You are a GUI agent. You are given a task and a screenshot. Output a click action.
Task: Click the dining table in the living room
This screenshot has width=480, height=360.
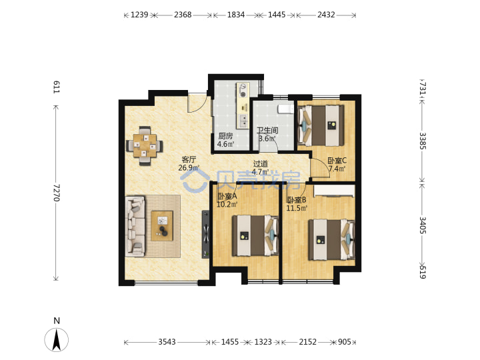145,145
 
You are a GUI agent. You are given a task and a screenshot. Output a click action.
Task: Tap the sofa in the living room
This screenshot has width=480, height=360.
135,226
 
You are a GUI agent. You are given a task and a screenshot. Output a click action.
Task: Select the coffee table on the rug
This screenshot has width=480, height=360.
162,225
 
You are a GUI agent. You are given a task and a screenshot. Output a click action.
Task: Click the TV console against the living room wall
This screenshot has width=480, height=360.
206,234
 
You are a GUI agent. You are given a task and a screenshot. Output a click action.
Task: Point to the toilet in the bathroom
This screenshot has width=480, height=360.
285,109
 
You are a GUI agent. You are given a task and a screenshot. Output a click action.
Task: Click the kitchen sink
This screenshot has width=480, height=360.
244,121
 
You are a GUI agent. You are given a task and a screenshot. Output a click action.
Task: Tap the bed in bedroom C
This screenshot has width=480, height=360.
321,125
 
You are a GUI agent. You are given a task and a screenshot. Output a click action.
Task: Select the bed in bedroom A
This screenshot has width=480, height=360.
255,235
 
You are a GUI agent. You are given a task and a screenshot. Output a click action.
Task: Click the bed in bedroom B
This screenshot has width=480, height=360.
331,240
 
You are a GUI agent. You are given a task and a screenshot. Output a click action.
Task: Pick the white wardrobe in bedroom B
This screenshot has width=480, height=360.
334,191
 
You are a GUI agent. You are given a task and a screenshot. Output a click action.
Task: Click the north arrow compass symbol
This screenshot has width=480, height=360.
56,339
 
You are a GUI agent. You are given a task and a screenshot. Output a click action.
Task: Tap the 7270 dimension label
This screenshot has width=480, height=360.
56,193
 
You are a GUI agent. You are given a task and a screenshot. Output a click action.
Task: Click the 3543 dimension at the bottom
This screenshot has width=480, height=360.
167,341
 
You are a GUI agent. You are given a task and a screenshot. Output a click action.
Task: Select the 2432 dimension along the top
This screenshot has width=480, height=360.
326,15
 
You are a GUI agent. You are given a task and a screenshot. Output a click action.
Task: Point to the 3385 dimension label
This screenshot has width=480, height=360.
423,141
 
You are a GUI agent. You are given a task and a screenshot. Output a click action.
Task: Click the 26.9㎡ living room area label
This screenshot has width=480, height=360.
189,168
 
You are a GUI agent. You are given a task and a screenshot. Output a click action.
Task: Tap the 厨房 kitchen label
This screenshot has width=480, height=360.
225,136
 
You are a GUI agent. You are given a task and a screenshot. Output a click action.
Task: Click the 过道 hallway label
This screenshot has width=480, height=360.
260,164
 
